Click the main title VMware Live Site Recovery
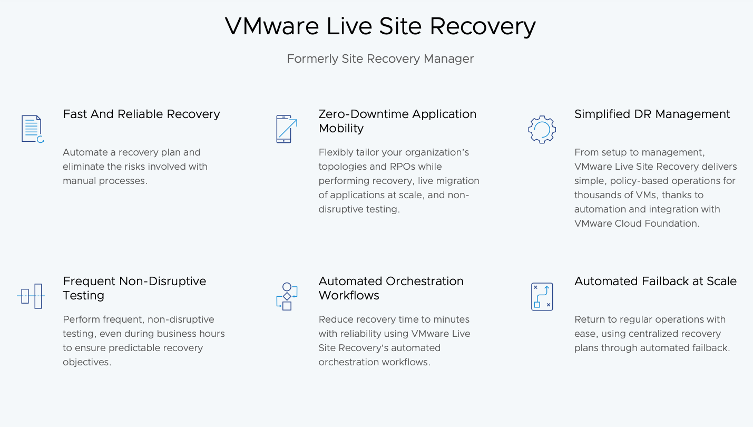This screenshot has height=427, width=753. pyautogui.click(x=380, y=27)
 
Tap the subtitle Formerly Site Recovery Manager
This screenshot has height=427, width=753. pyautogui.click(x=380, y=59)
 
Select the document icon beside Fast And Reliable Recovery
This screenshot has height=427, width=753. pyautogui.click(x=33, y=129)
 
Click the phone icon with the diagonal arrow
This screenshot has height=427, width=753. pyautogui.click(x=287, y=129)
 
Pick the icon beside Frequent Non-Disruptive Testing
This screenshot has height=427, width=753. pyautogui.click(x=31, y=296)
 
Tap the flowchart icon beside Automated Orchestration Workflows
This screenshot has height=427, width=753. pyautogui.click(x=287, y=296)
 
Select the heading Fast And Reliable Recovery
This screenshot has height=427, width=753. pyautogui.click(x=142, y=114)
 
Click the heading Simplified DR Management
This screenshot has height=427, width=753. pyautogui.click(x=652, y=114)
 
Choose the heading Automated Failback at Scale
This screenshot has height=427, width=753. pyautogui.click(x=656, y=281)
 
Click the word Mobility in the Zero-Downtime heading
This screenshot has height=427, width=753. pyautogui.click(x=341, y=129)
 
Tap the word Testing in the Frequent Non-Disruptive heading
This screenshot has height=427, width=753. pyautogui.click(x=83, y=296)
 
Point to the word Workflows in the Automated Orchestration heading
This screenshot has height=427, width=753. pyautogui.click(x=349, y=296)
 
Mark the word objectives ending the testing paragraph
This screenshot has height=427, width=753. pyautogui.click(x=87, y=363)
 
